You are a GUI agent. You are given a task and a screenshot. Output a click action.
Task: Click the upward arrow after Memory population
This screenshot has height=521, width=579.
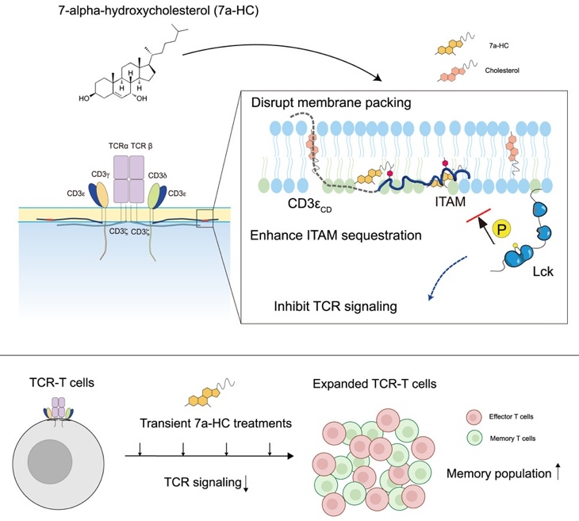(559, 473)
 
